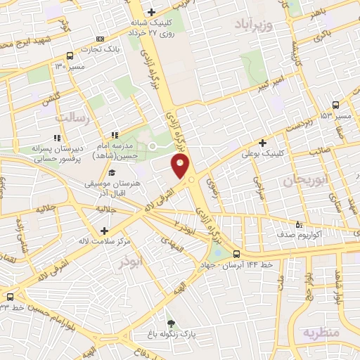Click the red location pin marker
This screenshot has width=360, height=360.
coord(181,167)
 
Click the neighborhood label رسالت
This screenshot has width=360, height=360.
coord(74,118)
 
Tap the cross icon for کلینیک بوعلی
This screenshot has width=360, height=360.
coord(263,143)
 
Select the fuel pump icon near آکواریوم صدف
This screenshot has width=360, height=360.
coord(300,225)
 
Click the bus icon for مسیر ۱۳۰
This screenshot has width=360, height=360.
coord(69,56)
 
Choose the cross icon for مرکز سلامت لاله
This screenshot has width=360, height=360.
coord(104,231)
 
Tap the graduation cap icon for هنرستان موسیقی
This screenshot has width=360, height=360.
coord(111,172)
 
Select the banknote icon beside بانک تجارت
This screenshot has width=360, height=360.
coord(101,39)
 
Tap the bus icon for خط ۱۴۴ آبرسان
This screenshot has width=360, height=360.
coord(236,254)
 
